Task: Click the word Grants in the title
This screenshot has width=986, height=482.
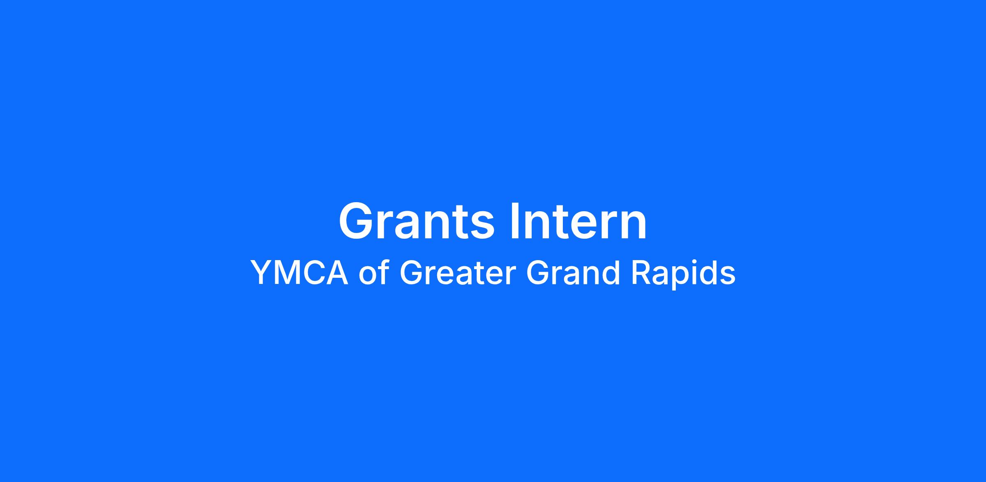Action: point(417,221)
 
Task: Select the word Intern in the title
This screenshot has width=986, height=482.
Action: point(578,221)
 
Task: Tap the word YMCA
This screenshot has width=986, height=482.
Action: point(299,273)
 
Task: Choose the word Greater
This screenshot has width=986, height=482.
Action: point(457,273)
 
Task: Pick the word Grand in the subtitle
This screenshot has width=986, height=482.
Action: point(573,272)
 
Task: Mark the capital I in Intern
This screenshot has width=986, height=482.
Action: point(514,221)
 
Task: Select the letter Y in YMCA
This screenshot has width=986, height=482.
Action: point(262,273)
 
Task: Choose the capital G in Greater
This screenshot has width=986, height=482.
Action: point(411,273)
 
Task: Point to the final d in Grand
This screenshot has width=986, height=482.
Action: point(612,272)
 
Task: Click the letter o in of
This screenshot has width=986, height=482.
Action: point(367,276)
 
